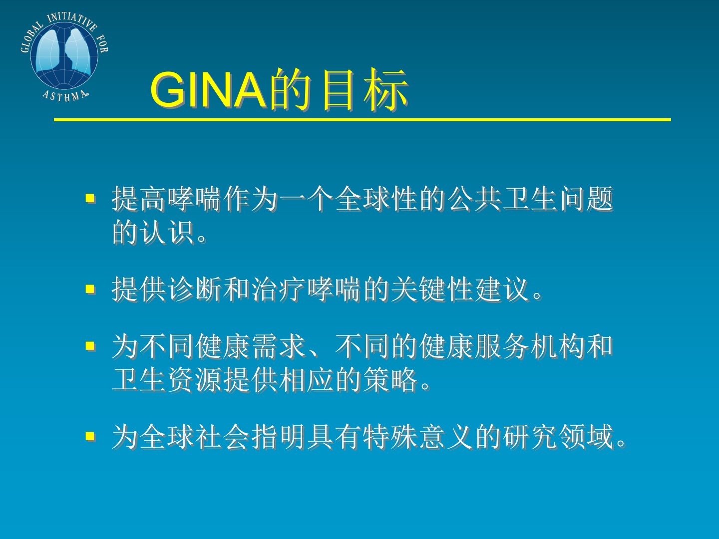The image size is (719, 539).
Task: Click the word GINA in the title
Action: pyautogui.click(x=208, y=89)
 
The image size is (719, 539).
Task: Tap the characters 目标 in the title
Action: pyautogui.click(x=365, y=89)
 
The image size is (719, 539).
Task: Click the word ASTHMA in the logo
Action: pyautogui.click(x=65, y=96)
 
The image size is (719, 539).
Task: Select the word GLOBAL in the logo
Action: pyautogui.click(x=31, y=37)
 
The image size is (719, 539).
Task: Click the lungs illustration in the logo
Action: pyautogui.click(x=64, y=52)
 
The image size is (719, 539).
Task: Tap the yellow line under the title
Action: pyautogui.click(x=362, y=120)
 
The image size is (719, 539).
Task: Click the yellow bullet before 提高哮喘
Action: pyautogui.click(x=90, y=198)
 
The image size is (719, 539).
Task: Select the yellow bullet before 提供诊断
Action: pyautogui.click(x=90, y=289)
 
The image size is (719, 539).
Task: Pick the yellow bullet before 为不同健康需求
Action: pyautogui.click(x=90, y=346)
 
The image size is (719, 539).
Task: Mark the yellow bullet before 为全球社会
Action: pyautogui.click(x=90, y=436)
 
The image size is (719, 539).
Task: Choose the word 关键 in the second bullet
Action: pyautogui.click(x=419, y=289)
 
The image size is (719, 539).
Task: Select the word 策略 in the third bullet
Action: pyautogui.click(x=391, y=380)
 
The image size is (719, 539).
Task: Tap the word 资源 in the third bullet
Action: pyautogui.click(x=195, y=380)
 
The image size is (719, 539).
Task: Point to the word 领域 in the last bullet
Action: pyautogui.click(x=586, y=436)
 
